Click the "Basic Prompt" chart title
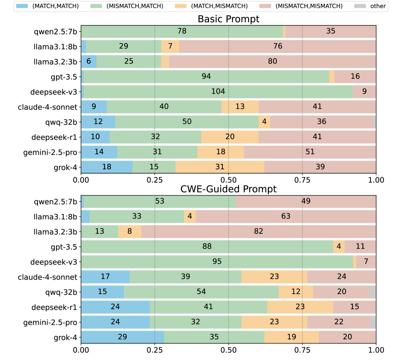tap(228, 19)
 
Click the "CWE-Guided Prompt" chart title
tap(228, 189)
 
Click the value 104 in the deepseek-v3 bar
tap(218, 92)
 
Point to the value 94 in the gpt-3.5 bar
tap(207, 76)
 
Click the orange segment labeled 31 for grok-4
tap(220, 167)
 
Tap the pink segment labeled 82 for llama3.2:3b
tap(258, 232)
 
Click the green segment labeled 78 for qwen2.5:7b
tap(182, 31)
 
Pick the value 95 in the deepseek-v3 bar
tap(217, 262)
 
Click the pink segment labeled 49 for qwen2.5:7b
tap(306, 201)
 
